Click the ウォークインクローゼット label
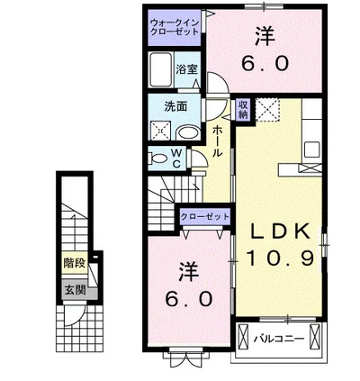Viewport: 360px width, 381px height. pos(175,27)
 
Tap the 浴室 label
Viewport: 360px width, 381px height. pos(187,69)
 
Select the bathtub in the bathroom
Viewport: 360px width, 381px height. pos(161,69)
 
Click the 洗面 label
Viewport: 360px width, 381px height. pos(175,106)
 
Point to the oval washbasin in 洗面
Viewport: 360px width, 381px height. pos(187,133)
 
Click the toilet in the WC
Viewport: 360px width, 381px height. pos(157,158)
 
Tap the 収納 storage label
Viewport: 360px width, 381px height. pos(243,109)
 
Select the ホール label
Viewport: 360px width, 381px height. pos(217,141)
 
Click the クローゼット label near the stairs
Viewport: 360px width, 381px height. pos(205,216)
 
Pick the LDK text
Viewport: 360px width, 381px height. pos(281,231)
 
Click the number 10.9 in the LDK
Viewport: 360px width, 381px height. pos(280,259)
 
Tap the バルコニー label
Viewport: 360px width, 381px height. pos(279,340)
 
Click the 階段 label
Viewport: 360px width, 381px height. pos(75,264)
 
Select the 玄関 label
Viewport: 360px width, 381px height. pos(76,290)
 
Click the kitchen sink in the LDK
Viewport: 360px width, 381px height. pos(311,150)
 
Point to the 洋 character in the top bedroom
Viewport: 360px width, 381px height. pos(265,37)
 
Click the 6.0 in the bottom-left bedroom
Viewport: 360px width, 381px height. pos(189,299)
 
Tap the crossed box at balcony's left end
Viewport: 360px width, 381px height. pos(243,336)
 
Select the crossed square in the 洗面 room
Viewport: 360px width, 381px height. pos(161,131)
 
